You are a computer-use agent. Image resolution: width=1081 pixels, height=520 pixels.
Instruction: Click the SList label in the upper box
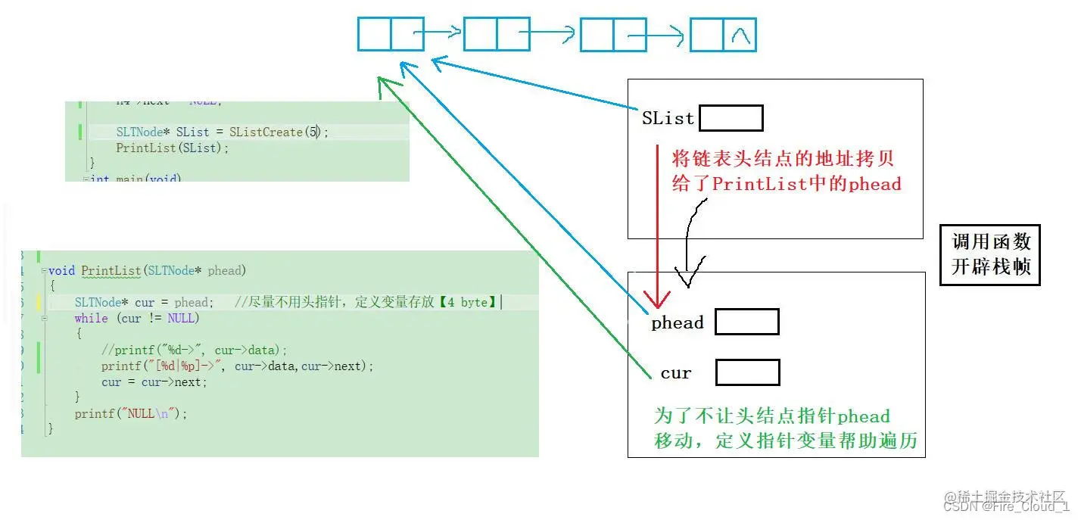click(668, 119)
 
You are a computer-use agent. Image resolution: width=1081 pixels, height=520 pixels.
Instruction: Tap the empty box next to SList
click(731, 118)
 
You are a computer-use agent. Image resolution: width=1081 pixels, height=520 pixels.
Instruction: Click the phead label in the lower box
click(677, 323)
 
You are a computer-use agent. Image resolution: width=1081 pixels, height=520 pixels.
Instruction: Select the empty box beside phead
click(746, 322)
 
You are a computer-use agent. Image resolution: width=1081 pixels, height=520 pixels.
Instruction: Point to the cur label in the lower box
click(675, 373)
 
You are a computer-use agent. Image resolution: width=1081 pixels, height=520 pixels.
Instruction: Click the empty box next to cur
click(747, 372)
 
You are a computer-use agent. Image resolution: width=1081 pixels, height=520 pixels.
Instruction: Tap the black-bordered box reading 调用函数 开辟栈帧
click(990, 255)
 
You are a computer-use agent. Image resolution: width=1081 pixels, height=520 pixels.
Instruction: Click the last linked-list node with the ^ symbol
click(723, 35)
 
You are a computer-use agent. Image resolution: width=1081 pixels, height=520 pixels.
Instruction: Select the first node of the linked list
click(390, 34)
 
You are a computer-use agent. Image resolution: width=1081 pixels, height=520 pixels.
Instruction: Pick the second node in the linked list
click(496, 34)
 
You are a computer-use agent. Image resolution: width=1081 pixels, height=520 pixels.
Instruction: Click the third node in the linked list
click(612, 35)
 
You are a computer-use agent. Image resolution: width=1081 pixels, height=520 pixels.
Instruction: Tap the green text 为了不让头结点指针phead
click(771, 416)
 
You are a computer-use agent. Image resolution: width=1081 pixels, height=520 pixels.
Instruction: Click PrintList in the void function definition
click(111, 270)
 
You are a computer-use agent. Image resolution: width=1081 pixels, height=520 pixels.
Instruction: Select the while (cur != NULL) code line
click(136, 318)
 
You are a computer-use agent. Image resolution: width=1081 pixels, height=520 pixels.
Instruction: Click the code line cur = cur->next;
click(154, 381)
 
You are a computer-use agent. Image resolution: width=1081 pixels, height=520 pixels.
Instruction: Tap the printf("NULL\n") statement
click(130, 413)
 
